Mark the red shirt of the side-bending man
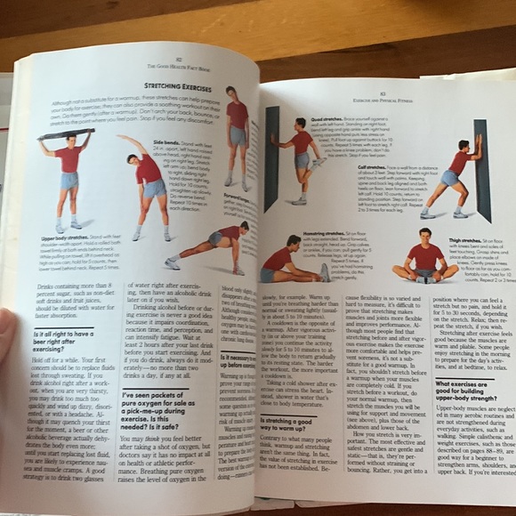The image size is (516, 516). pos(148,167)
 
